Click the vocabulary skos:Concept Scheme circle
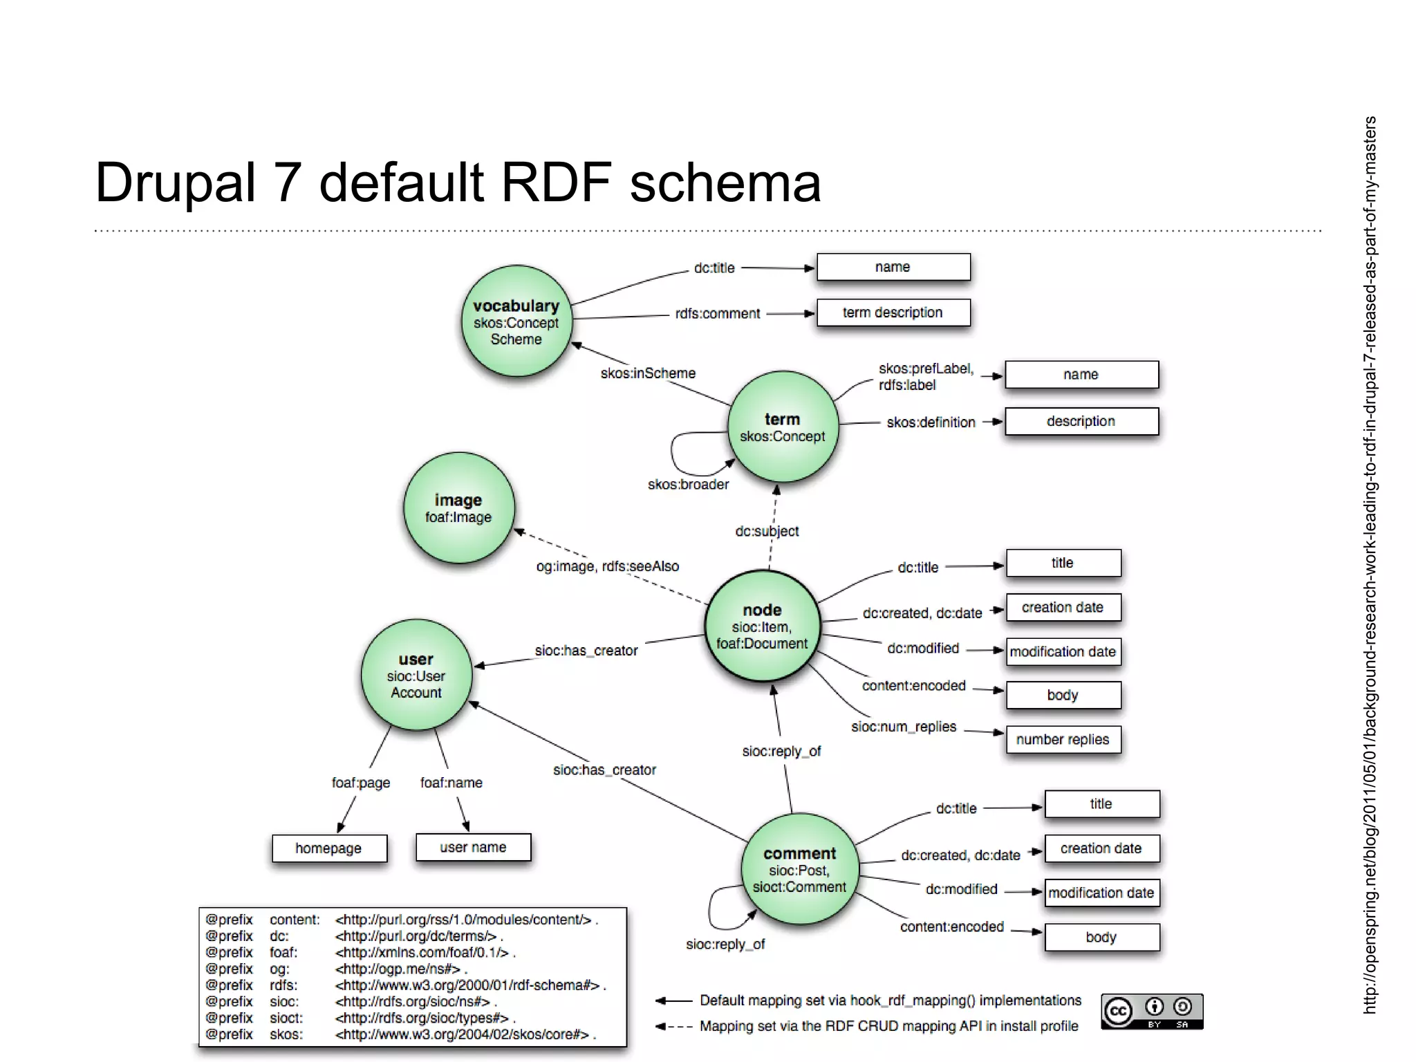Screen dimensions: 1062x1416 point(516,321)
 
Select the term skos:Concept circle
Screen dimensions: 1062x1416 point(783,427)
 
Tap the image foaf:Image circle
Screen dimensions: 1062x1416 point(458,507)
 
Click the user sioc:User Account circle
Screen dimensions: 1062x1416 point(416,675)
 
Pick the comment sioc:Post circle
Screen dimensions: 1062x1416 point(799,869)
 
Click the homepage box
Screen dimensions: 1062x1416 point(329,848)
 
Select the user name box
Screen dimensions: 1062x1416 point(473,847)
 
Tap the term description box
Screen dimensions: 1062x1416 point(893,313)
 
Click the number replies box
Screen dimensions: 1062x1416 point(1063,739)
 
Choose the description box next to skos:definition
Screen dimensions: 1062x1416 point(1081,421)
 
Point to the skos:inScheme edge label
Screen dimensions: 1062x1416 point(648,373)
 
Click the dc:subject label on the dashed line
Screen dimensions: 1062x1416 point(767,531)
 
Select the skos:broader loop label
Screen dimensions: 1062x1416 point(688,485)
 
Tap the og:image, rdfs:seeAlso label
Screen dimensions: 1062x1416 point(607,566)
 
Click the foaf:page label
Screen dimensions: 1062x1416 point(361,783)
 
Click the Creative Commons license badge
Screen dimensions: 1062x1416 point(1152,1012)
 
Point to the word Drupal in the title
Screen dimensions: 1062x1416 point(175,183)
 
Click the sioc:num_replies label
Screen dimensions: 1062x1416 point(904,727)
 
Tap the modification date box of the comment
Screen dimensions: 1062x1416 point(1101,893)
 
